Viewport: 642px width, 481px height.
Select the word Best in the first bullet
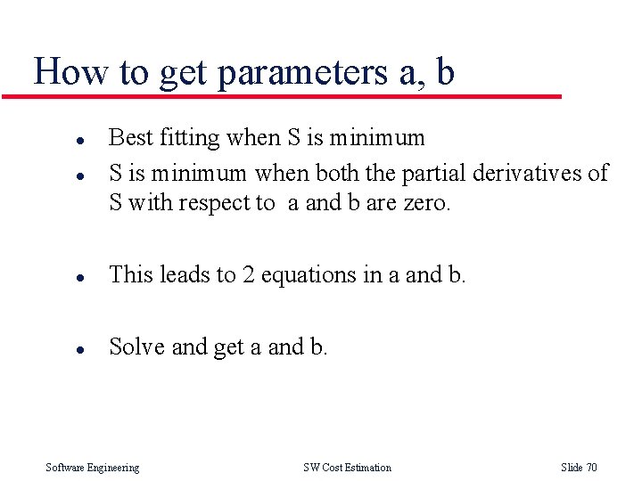(x=130, y=138)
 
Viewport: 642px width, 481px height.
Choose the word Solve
(x=136, y=346)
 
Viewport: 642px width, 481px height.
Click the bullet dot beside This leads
(x=79, y=277)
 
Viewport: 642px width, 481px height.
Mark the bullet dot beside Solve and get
(x=79, y=348)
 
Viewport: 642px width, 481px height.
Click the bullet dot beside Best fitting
(x=79, y=140)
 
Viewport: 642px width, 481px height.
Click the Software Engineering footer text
(x=93, y=468)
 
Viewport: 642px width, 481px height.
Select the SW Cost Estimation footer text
(x=347, y=468)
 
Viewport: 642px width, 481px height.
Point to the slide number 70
(x=591, y=468)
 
